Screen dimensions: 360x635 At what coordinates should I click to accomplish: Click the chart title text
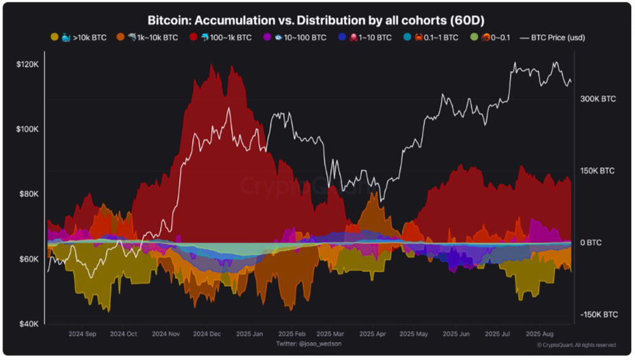tap(317, 20)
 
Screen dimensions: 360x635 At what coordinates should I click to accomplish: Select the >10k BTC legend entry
tap(81, 37)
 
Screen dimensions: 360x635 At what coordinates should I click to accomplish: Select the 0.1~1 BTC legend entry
tap(434, 37)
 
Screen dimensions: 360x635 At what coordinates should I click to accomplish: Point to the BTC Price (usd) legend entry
tap(552, 37)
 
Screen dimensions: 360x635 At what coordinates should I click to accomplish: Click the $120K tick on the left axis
tap(27, 64)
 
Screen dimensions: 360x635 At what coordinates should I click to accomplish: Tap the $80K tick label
tap(29, 194)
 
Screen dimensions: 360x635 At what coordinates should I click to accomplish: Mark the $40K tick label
tap(29, 324)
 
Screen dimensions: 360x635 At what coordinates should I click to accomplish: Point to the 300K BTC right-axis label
tap(598, 100)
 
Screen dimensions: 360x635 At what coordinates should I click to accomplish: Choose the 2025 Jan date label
tap(248, 334)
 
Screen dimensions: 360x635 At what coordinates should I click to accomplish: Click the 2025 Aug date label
tap(539, 334)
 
